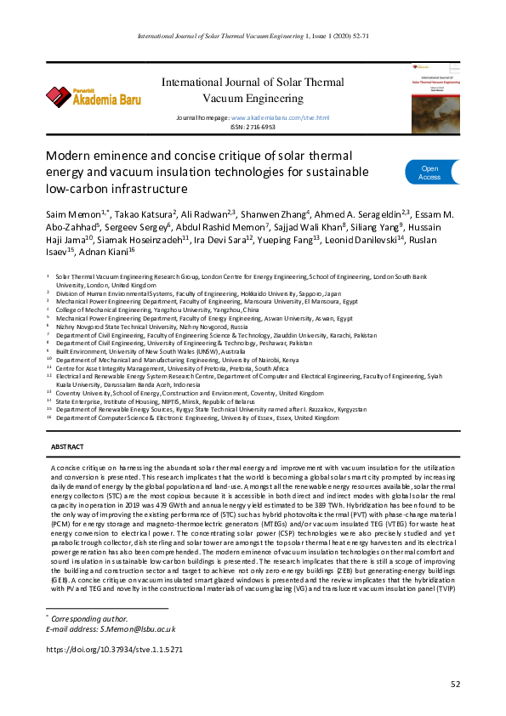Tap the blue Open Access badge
click(x=429, y=173)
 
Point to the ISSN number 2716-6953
click(x=262, y=126)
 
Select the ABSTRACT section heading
click(x=67, y=446)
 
